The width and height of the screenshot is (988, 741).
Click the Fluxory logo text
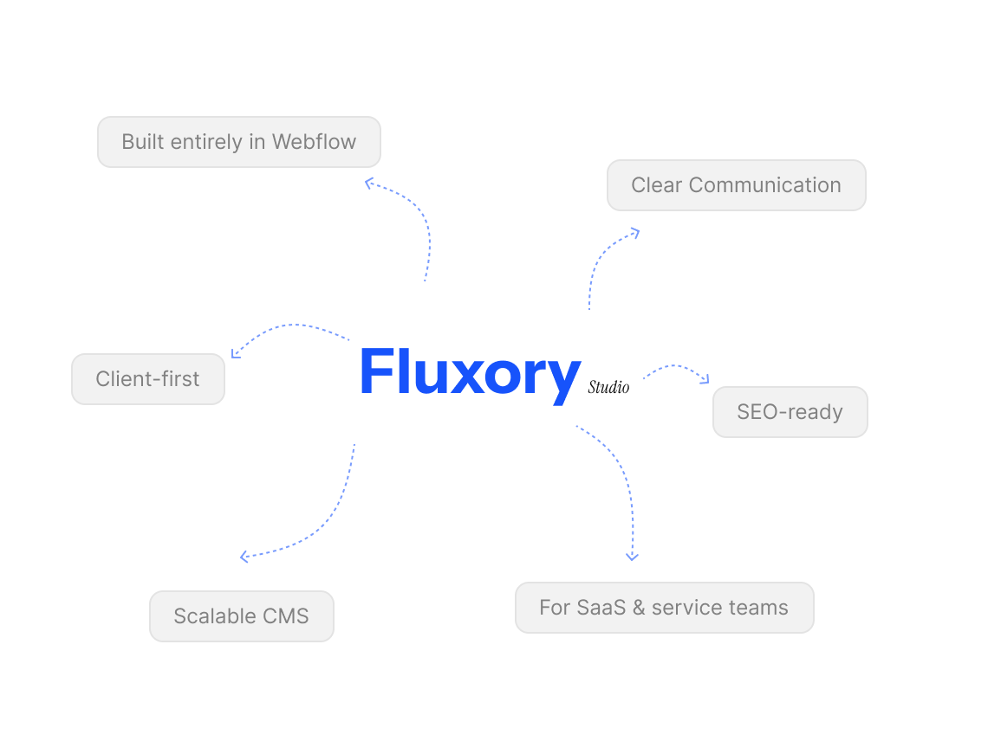(469, 373)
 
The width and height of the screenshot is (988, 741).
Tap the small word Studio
(608, 387)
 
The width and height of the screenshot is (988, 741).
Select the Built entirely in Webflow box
(238, 142)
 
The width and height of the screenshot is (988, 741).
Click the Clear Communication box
(736, 185)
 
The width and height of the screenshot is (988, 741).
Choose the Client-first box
(147, 379)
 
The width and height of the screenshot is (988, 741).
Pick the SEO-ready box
(790, 412)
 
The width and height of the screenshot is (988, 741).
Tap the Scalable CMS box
(241, 616)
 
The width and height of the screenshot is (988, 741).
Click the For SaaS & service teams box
(664, 608)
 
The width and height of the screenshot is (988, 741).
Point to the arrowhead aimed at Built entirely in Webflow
(369, 182)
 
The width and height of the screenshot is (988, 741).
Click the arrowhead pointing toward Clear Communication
(635, 231)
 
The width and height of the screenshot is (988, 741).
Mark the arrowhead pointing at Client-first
(236, 353)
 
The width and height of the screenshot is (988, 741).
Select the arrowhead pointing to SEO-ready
(705, 379)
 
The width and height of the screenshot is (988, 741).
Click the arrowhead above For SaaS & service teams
(632, 556)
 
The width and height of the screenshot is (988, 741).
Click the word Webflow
(314, 142)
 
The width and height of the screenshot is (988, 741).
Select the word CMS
(286, 616)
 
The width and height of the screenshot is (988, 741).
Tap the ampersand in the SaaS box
(639, 608)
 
